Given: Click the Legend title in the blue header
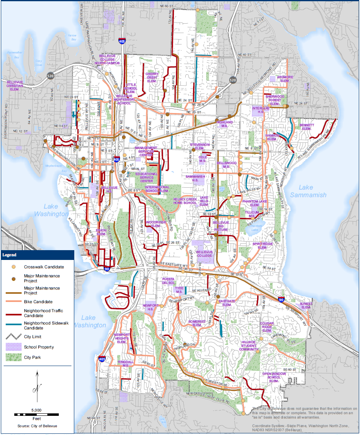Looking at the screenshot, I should click(9, 255).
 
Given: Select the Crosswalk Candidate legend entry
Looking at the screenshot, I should click(44, 267).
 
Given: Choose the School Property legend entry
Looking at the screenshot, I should click(39, 347).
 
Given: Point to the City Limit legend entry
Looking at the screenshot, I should click(33, 337).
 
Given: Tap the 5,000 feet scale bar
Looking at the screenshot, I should click(36, 415).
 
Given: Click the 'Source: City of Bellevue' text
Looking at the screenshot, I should click(37, 426).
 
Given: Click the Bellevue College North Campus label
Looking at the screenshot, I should click(107, 60).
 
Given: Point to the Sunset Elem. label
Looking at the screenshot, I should click(306, 305).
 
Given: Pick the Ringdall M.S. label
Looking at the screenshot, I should click(126, 364).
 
